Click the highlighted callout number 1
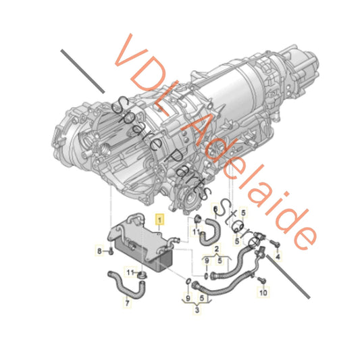tap(159, 220)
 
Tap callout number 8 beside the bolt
tap(99, 251)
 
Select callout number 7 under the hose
tap(127, 303)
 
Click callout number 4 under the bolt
tap(278, 256)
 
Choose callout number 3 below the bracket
tap(197, 310)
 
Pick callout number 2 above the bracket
tap(217, 249)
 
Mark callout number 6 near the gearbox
tap(215, 209)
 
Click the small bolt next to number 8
tap(111, 251)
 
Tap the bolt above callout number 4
tap(275, 243)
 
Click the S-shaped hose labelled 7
tap(126, 284)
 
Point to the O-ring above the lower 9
tap(188, 280)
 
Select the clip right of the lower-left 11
tap(142, 275)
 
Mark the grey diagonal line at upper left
tap(82, 72)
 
